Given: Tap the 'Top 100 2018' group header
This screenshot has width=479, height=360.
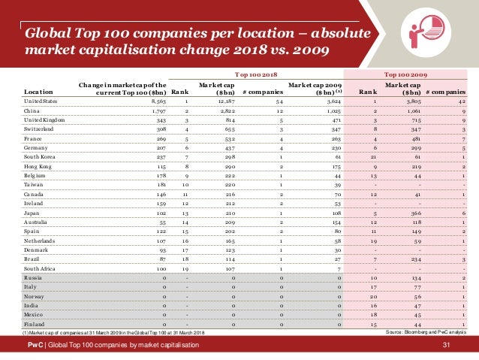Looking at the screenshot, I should pyautogui.click(x=258, y=75).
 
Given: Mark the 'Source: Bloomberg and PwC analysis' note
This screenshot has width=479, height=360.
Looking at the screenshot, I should pyautogui.click(x=426, y=331).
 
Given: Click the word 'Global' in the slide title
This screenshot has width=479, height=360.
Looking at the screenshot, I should pyautogui.click(x=50, y=34).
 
